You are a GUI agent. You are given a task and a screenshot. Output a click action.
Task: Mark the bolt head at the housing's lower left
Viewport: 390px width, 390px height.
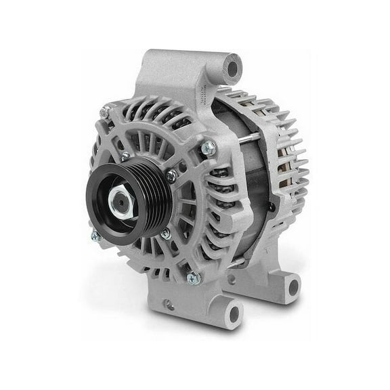point(95,236)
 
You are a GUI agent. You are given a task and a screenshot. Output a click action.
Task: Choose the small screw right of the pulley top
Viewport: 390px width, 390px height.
point(171,174)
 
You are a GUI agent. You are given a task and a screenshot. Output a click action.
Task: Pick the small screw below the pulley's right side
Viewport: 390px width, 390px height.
point(165,234)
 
